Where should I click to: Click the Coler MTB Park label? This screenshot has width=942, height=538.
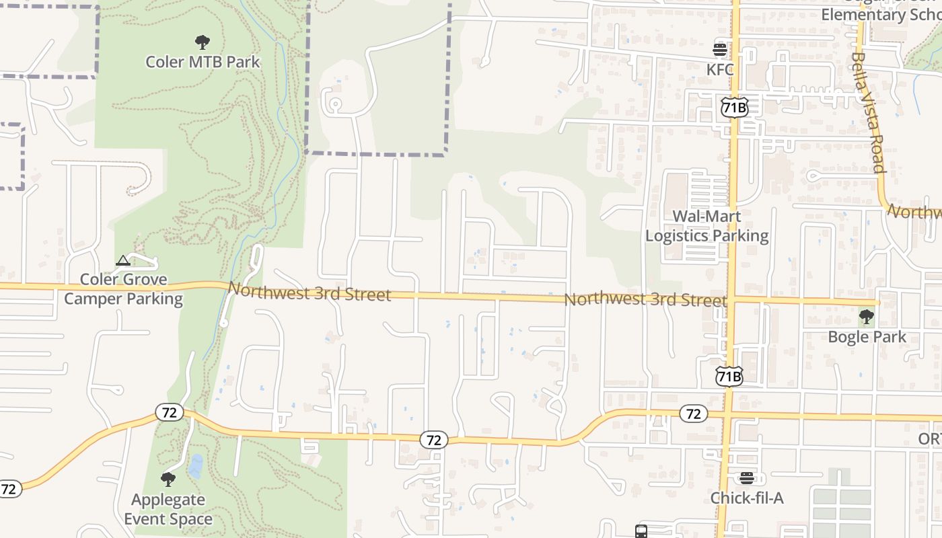pyautogui.click(x=203, y=62)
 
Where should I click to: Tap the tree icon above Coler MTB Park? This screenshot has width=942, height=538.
pyautogui.click(x=202, y=43)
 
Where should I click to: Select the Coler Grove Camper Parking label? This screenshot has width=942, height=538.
pyautogui.click(x=123, y=289)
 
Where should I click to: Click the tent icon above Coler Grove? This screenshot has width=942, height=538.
pyautogui.click(x=122, y=261)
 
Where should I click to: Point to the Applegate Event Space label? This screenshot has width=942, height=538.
pyautogui.click(x=168, y=509)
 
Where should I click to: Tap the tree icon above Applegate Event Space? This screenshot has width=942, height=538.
pyautogui.click(x=168, y=479)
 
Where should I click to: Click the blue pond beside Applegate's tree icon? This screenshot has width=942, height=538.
pyautogui.click(x=195, y=466)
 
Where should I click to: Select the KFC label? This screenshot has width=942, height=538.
pyautogui.click(x=719, y=69)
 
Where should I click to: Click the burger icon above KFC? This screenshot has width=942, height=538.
pyautogui.click(x=720, y=49)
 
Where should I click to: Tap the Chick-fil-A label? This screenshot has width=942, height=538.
pyautogui.click(x=747, y=498)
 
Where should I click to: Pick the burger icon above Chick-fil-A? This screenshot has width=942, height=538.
pyautogui.click(x=747, y=478)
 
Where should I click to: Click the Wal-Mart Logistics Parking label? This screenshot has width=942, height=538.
pyautogui.click(x=706, y=226)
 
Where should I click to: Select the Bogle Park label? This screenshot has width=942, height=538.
pyautogui.click(x=867, y=336)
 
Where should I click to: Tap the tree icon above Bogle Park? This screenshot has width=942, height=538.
pyautogui.click(x=867, y=316)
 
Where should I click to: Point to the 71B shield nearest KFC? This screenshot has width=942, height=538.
pyautogui.click(x=734, y=107)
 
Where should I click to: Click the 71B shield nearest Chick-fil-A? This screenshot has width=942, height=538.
pyautogui.click(x=729, y=377)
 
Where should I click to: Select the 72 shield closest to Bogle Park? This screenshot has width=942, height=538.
pyautogui.click(x=693, y=414)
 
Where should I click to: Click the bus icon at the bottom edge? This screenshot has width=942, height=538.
pyautogui.click(x=641, y=531)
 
